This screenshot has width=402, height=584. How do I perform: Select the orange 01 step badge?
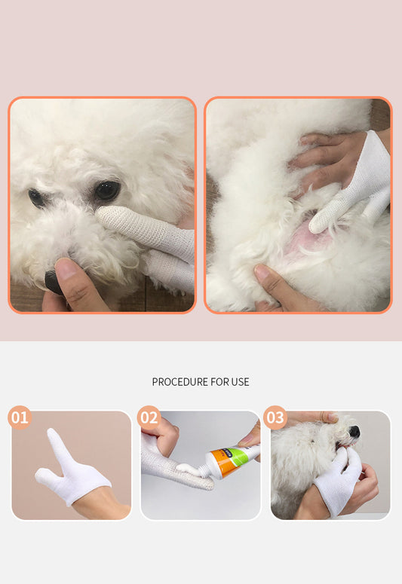click(x=20, y=417)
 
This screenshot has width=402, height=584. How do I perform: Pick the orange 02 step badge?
click(x=149, y=417)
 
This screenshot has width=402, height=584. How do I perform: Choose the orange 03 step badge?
click(x=275, y=417)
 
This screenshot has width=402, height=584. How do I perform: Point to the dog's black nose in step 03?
click(x=353, y=432)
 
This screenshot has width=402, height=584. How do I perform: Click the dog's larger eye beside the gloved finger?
click(x=106, y=191)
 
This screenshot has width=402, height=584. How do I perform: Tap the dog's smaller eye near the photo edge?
click(x=35, y=197)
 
